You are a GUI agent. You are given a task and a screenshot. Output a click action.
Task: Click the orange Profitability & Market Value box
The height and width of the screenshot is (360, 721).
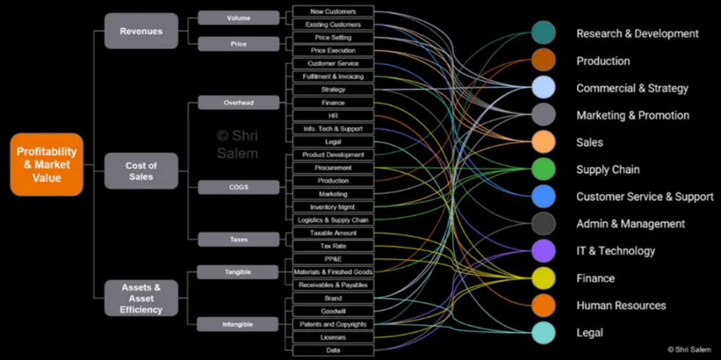[47, 164]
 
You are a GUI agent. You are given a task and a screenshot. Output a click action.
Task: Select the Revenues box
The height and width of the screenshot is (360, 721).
[141, 31]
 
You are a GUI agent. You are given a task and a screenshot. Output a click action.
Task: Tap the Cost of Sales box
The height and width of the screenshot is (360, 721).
[141, 171]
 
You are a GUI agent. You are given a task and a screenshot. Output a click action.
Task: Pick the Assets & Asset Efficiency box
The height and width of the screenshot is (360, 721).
[141, 298]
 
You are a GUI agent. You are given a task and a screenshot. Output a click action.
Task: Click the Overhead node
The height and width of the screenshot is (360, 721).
[238, 103]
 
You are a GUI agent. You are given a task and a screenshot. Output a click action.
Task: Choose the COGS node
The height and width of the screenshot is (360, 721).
[238, 187]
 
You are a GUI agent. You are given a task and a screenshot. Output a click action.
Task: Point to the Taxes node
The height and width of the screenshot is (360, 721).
[238, 240]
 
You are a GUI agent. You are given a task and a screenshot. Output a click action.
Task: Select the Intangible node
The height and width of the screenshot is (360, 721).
[238, 324]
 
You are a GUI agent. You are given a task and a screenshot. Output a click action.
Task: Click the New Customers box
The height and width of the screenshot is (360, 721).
[333, 11]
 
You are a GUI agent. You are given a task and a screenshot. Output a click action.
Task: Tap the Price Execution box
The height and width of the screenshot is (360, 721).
[333, 51]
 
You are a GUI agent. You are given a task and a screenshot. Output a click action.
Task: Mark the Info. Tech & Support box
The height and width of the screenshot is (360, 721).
[333, 129]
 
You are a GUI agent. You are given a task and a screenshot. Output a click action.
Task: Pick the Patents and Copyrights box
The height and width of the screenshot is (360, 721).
[333, 325]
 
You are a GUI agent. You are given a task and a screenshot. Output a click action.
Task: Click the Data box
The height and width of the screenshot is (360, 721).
[333, 351]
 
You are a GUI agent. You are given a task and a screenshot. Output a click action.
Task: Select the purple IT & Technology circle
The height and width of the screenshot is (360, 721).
[543, 251]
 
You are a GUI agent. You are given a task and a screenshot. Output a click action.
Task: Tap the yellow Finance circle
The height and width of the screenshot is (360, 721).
[543, 278]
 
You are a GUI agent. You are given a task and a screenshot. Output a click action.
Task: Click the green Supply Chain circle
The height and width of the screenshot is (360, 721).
[543, 169]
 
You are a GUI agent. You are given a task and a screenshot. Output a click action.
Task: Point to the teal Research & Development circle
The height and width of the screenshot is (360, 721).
[543, 33]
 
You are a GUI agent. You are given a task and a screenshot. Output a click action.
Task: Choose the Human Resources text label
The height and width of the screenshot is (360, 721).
[622, 306]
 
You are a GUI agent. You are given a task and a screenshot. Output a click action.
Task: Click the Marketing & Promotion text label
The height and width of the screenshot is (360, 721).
[633, 115]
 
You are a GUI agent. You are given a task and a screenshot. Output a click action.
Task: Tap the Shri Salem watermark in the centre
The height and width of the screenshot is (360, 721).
[237, 144]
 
